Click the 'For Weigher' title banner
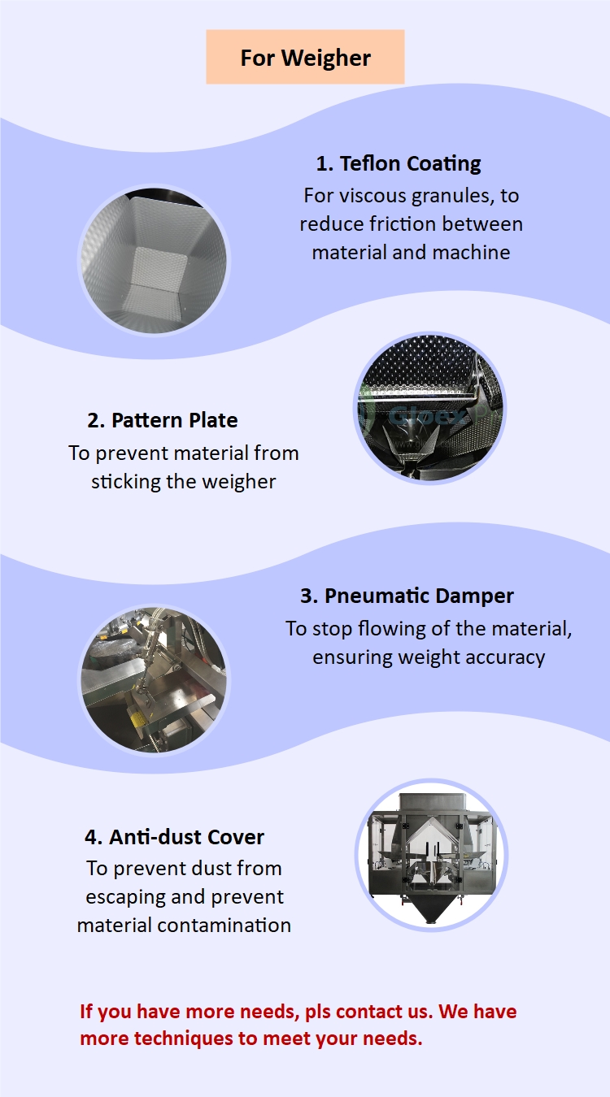305,57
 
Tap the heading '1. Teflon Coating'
399,163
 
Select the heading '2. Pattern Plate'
163,420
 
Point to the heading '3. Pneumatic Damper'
407,596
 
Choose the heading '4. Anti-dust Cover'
174,837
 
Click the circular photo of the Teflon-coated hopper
154,260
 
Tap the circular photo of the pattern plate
429,408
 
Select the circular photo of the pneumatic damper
154,679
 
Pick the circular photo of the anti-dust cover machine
431,855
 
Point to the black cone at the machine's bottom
431,912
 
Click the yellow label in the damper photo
139,719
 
